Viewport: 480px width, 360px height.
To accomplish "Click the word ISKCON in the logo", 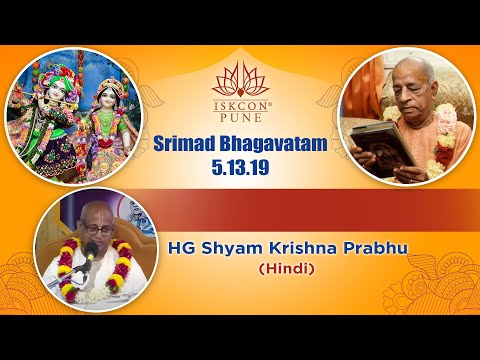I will (x=239, y=102).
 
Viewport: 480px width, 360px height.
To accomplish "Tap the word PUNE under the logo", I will (x=239, y=117).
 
